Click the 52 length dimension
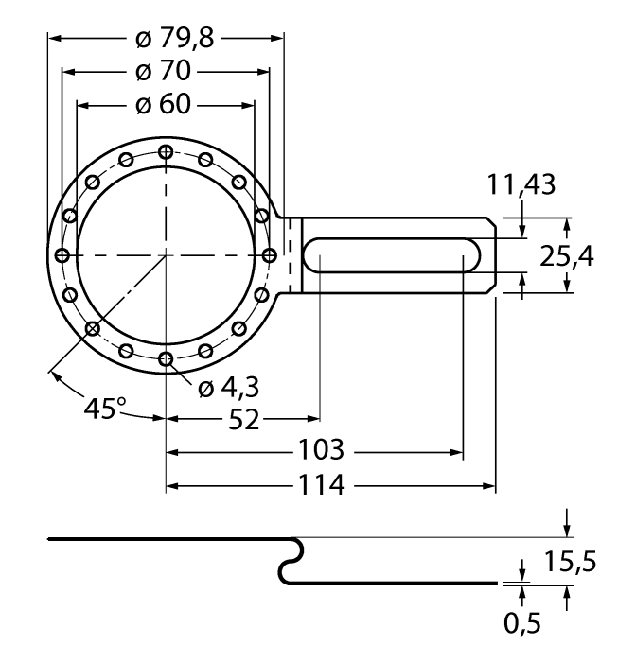(x=244, y=420)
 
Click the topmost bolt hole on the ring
(x=166, y=151)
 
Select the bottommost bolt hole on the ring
(x=166, y=358)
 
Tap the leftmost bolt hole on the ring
(x=62, y=255)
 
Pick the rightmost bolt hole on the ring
(x=269, y=255)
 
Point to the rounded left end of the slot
(x=313, y=255)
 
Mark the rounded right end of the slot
(x=472, y=255)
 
